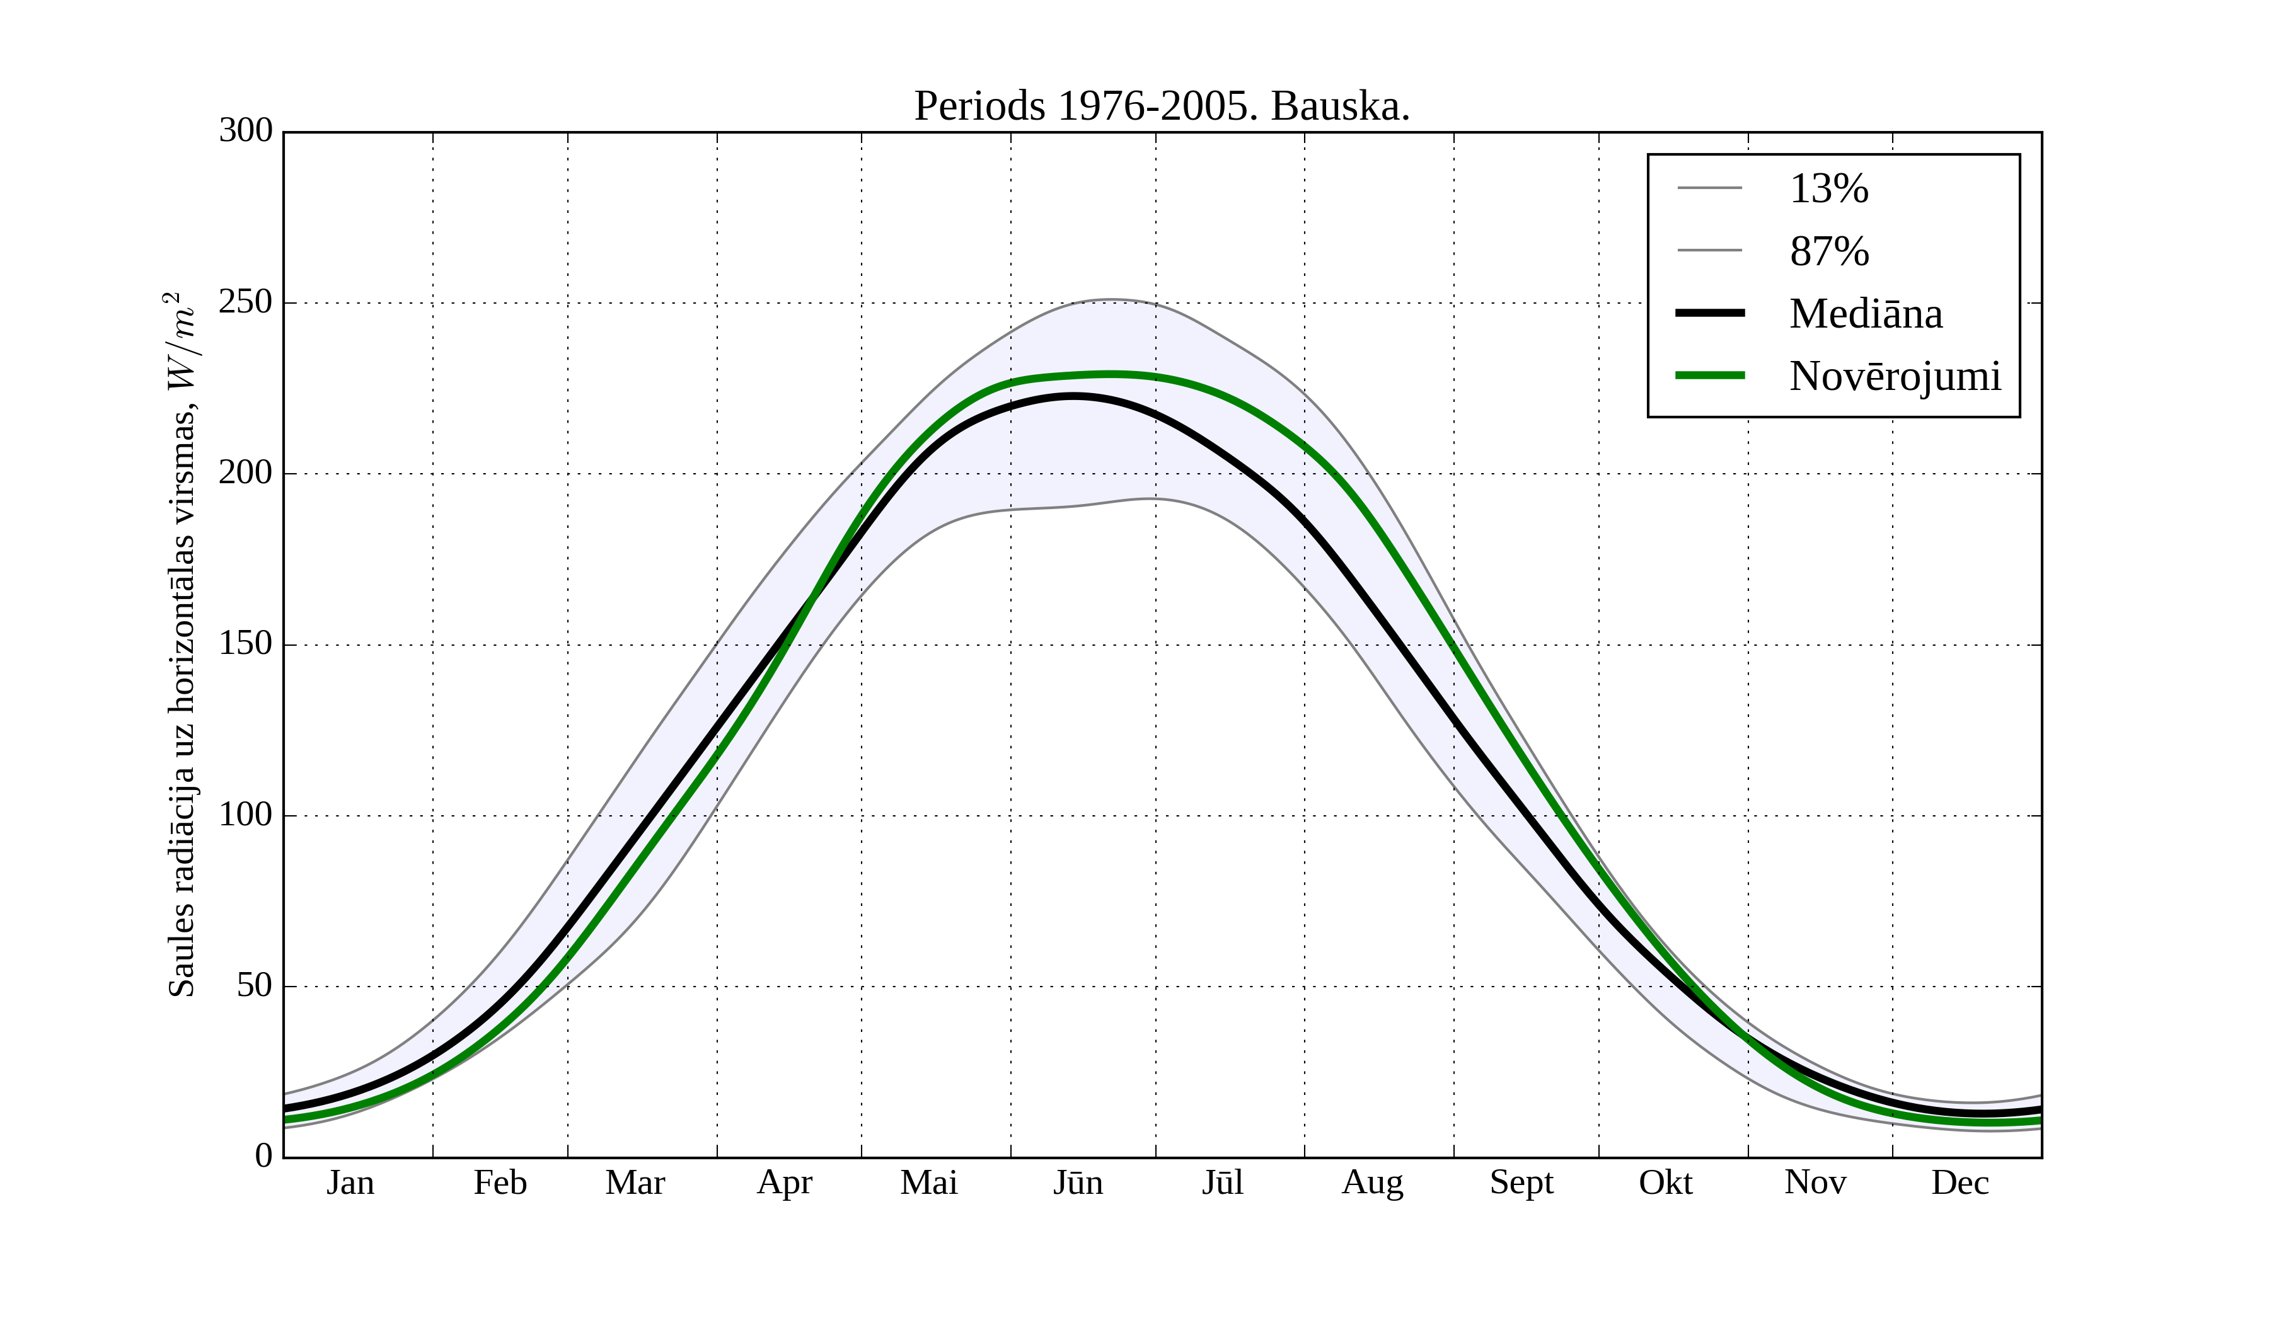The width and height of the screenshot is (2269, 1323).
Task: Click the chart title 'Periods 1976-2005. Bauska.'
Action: [1162, 106]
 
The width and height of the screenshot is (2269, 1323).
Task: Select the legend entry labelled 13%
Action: [1828, 189]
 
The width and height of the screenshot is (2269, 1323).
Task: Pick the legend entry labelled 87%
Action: [1828, 251]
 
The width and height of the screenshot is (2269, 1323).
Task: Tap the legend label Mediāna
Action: [1865, 313]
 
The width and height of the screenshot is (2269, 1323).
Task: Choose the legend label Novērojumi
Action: [1895, 375]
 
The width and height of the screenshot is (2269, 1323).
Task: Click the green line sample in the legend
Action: [1709, 375]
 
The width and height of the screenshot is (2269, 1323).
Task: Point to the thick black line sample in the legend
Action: [1709, 313]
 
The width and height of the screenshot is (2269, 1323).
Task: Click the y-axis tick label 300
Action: [245, 130]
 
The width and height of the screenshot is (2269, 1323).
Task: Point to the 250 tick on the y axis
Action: [245, 302]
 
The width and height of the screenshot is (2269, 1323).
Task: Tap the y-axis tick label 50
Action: [254, 985]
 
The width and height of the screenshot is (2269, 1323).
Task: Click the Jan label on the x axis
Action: [350, 1183]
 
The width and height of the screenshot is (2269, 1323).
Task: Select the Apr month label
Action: [784, 1183]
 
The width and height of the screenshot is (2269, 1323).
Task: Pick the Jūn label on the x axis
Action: [1078, 1183]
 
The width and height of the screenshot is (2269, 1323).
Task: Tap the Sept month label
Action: [1521, 1183]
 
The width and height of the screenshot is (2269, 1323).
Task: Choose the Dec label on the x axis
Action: [1960, 1183]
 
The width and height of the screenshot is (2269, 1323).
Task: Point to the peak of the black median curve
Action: [1073, 396]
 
